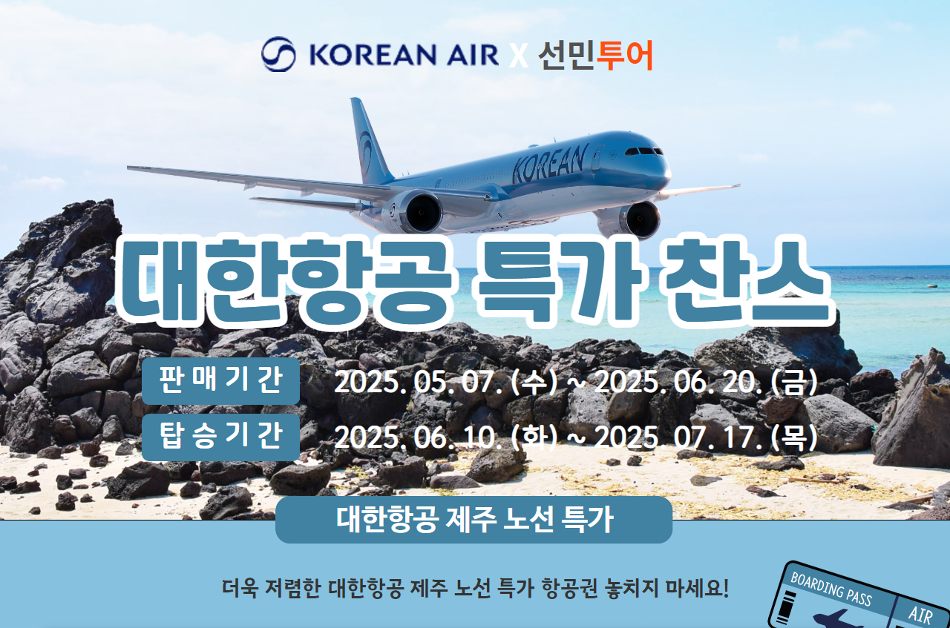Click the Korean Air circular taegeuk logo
click(x=278, y=54)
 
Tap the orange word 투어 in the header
click(x=625, y=55)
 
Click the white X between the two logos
click(x=518, y=56)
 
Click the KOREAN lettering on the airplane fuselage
click(x=550, y=163)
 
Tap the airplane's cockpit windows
click(x=643, y=151)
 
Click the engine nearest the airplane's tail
click(x=413, y=211)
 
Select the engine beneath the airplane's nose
click(x=638, y=220)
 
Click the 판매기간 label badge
click(x=220, y=380)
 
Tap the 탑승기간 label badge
click(x=220, y=437)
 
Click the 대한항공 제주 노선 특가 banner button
click(x=474, y=520)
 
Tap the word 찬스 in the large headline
click(x=747, y=281)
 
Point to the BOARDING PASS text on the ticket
click(x=831, y=588)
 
